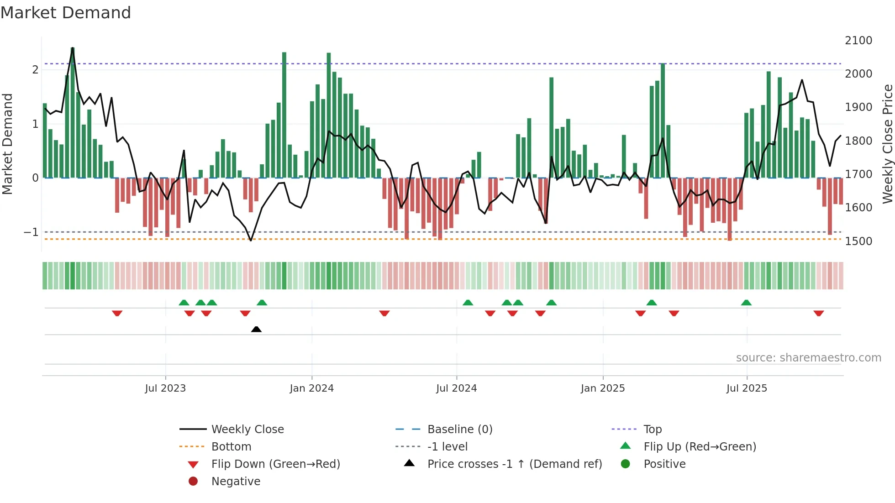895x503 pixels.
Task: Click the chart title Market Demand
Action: [66, 13]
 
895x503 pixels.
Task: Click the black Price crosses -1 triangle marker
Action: [256, 329]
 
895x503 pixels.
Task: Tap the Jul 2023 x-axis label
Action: [165, 388]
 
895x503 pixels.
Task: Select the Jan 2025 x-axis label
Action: [603, 388]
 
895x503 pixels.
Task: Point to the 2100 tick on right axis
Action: [858, 41]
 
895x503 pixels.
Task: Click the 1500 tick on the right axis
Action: [858, 241]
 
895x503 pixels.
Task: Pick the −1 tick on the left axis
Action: [31, 232]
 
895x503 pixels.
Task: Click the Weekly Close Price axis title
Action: [887, 144]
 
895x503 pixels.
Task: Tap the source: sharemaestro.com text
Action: [808, 358]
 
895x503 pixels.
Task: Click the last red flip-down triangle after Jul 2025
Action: [818, 313]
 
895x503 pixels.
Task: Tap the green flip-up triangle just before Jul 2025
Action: [746, 303]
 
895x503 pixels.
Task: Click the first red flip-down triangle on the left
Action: [117, 313]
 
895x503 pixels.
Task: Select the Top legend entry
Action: [652, 430]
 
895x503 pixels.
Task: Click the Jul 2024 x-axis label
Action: [456, 388]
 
